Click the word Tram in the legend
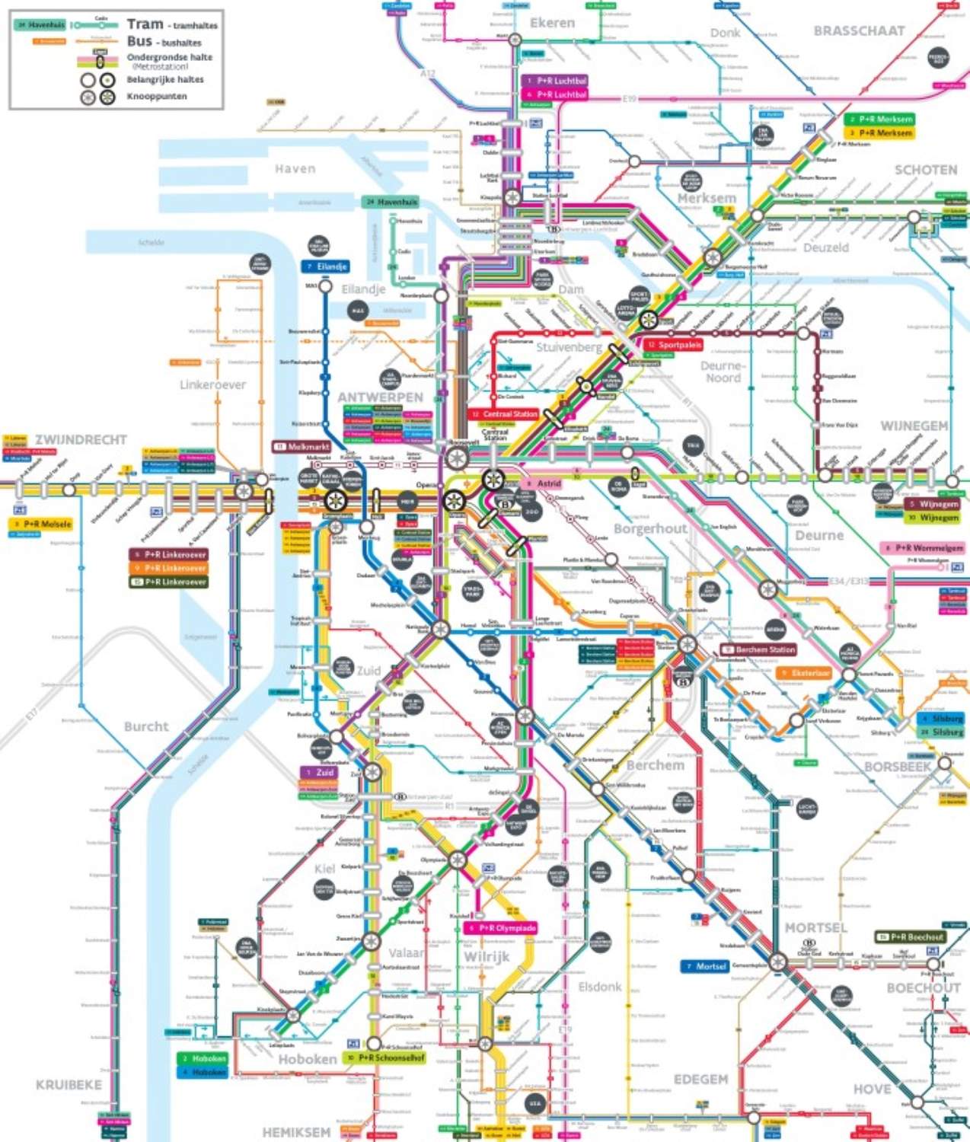[x=145, y=24]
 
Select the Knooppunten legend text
[x=157, y=97]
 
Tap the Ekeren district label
[x=552, y=23]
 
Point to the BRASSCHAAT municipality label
[x=859, y=31]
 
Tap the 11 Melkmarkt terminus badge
[x=302, y=447]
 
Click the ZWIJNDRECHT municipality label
[x=81, y=440]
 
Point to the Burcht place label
[x=146, y=726]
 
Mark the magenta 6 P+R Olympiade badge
[x=501, y=928]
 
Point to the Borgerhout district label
[x=650, y=528]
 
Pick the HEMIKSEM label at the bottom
[x=296, y=1132]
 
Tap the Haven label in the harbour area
[x=295, y=169]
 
